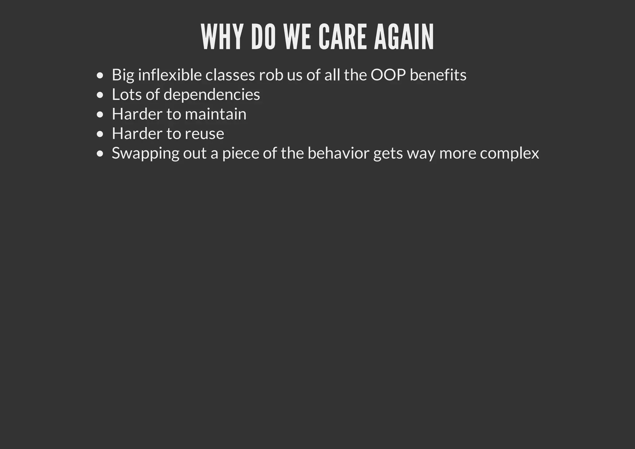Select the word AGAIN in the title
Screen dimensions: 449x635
click(x=404, y=37)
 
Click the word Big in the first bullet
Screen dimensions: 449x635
click(x=123, y=75)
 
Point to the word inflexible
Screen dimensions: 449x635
click(x=170, y=75)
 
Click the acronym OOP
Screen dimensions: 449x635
click(x=388, y=75)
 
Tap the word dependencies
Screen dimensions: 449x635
click(x=211, y=95)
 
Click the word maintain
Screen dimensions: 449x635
click(x=215, y=114)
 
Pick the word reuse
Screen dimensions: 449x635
click(x=204, y=134)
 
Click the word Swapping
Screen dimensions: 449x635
click(x=145, y=154)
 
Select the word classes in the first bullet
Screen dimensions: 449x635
click(x=230, y=75)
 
